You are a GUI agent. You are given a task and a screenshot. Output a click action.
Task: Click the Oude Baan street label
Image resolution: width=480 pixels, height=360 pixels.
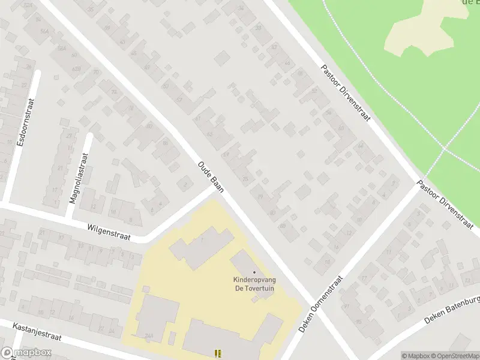pyautogui.click(x=211, y=176)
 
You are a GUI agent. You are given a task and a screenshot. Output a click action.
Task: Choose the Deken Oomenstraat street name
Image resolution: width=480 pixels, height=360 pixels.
pyautogui.click(x=322, y=304)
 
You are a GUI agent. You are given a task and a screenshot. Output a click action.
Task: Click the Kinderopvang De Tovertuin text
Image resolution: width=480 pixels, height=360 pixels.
pyautogui.click(x=253, y=284)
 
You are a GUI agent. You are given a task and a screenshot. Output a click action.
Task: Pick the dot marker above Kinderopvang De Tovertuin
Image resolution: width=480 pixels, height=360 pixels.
pyautogui.click(x=254, y=273)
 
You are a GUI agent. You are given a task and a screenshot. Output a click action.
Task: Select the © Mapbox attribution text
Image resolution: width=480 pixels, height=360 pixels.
pyautogui.click(x=416, y=356)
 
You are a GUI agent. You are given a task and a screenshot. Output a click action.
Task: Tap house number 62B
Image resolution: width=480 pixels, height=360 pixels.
pyautogui.click(x=77, y=70)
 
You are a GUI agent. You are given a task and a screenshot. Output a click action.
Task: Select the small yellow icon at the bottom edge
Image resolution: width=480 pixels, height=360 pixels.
pyautogui.click(x=218, y=353)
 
